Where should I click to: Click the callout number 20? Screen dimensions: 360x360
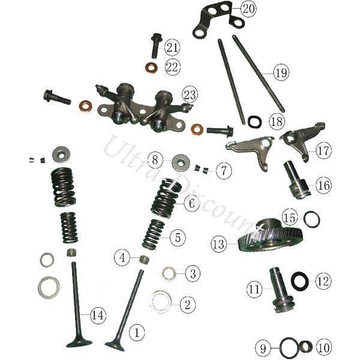pos(248,9)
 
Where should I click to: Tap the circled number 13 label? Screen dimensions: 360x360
pos(218,244)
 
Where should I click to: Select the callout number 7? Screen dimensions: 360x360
pos(224,170)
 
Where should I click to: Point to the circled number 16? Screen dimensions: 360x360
pos(324,185)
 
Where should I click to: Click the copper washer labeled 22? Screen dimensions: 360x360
pos(152,67)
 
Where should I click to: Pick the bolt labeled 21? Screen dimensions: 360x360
pos(157,45)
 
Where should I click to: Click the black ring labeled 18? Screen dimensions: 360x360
pos(255,121)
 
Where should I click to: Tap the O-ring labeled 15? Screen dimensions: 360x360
pos(311,219)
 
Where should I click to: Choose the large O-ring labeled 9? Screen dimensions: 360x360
pos(290,348)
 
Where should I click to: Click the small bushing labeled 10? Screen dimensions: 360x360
pos(307,347)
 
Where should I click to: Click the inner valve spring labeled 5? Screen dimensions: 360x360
pos(154,235)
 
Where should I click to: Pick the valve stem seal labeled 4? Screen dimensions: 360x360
pos(145,259)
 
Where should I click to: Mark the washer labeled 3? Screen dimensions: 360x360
pos(169,274)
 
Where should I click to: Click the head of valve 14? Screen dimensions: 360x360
pos(79,343)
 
